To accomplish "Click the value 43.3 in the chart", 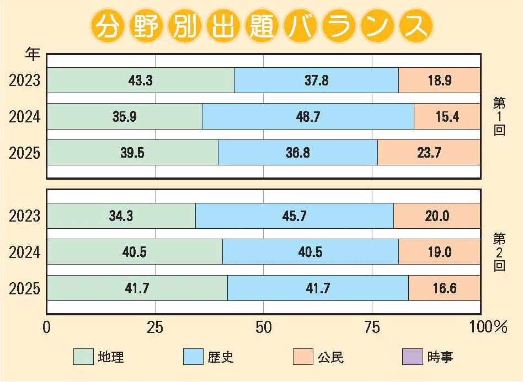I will (140, 80).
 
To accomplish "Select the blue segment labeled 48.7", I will (308, 116).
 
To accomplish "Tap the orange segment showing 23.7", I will (428, 153).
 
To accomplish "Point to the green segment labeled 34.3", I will (121, 216).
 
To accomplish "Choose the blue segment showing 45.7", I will (294, 216).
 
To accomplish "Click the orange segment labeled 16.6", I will (444, 288).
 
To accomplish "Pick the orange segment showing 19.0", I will (439, 252).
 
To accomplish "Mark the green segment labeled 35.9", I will (124, 116).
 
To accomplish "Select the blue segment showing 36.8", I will (298, 153).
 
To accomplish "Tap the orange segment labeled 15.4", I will (447, 116).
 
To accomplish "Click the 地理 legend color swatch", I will (83, 357).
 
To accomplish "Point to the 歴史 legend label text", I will (221, 357).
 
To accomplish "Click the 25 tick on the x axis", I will (155, 327).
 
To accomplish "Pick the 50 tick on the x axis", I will (264, 327).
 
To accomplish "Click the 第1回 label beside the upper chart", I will (499, 116).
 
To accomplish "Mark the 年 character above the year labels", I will (33, 55).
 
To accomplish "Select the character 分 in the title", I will (106, 26).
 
